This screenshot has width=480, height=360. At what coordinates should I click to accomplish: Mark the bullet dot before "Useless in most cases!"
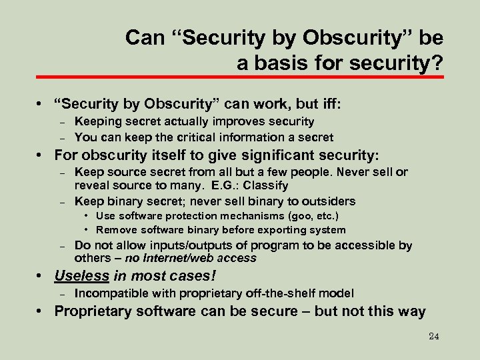pyautogui.click(x=42, y=276)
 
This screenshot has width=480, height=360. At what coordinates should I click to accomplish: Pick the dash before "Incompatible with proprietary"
pyautogui.click(x=61, y=294)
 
